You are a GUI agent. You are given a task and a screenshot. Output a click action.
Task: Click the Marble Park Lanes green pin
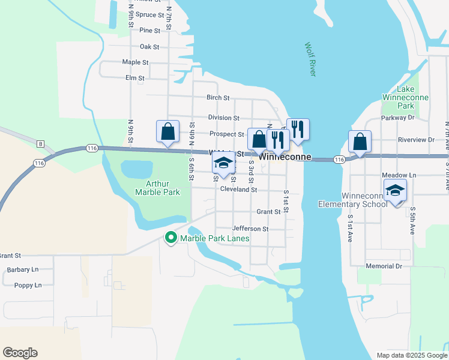(x=170, y=238)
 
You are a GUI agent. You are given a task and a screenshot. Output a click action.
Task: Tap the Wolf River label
(x=310, y=59)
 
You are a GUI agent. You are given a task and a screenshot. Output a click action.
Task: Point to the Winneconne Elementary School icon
(x=396, y=191)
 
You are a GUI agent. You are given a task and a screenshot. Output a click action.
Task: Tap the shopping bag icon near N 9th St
(x=168, y=131)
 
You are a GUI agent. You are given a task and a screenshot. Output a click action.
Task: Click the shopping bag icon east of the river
(x=360, y=142)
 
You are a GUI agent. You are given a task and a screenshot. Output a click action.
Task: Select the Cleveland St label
(x=238, y=190)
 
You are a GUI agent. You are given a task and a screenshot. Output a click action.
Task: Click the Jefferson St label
(x=250, y=229)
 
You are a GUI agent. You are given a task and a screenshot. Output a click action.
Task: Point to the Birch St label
(x=218, y=97)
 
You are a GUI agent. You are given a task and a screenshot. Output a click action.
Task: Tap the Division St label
(x=223, y=118)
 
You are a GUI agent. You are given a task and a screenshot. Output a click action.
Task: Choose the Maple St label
(x=135, y=62)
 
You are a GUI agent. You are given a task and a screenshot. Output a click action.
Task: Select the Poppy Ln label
(x=28, y=285)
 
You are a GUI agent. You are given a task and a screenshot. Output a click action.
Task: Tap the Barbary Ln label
(x=23, y=270)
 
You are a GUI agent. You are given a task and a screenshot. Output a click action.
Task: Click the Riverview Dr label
(x=415, y=139)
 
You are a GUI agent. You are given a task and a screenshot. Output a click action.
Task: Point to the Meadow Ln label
(x=399, y=175)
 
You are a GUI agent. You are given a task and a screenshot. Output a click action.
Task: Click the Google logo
(x=20, y=353)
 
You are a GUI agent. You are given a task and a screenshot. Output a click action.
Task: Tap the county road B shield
(x=40, y=143)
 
